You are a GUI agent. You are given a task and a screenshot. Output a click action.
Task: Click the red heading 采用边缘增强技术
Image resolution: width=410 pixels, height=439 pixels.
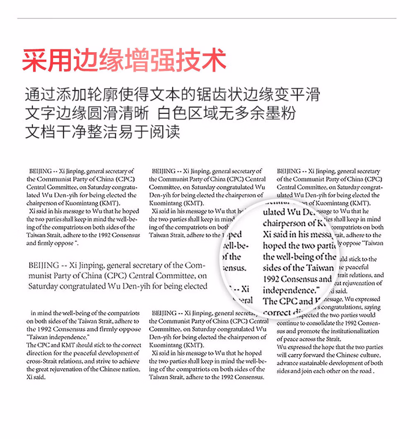click(x=124, y=61)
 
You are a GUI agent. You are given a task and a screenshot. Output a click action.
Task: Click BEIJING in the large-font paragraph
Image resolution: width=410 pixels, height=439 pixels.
click(x=43, y=265)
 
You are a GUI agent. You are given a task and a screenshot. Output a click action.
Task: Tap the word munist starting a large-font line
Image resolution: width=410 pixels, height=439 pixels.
click(x=41, y=276)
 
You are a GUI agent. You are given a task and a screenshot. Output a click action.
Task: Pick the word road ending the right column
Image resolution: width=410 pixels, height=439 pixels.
click(x=364, y=371)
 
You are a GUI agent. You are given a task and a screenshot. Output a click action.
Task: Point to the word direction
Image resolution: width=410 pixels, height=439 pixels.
click(x=39, y=353)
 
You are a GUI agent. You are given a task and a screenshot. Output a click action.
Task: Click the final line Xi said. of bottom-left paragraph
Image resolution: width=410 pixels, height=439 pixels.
click(x=36, y=377)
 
